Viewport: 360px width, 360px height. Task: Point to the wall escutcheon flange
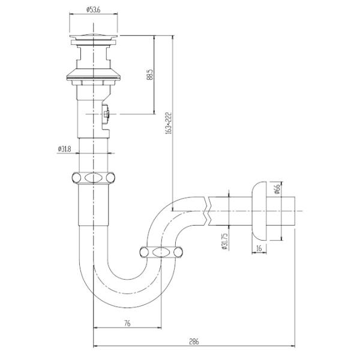[x=260, y=210]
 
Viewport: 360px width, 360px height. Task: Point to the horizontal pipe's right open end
[x=296, y=211]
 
